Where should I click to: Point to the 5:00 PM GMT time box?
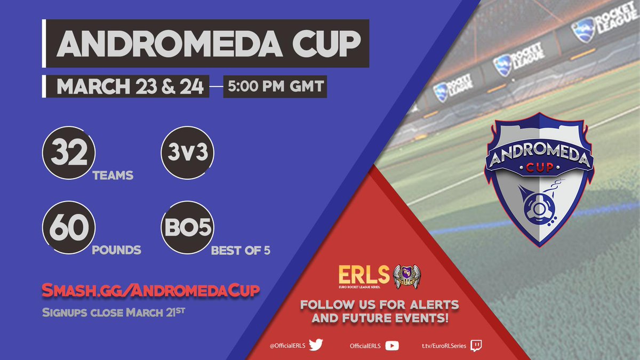click(275, 87)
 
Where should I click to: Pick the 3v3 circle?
click(187, 154)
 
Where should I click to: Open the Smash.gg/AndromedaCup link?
click(151, 291)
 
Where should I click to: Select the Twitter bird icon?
click(316, 346)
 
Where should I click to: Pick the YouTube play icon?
click(391, 346)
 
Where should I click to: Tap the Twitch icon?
click(476, 346)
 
